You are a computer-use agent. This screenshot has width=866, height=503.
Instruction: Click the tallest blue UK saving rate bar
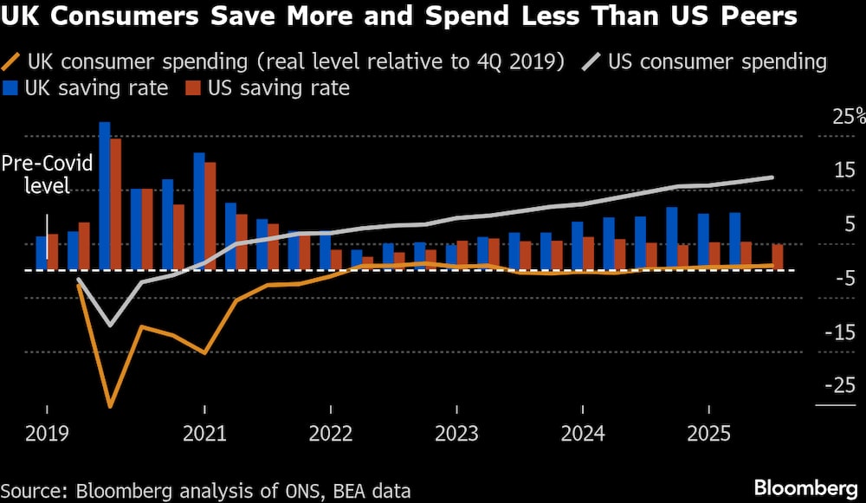pyautogui.click(x=105, y=196)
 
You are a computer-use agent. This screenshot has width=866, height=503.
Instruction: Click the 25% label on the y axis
pyautogui.click(x=839, y=117)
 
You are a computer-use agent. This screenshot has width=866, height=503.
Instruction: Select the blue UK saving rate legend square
pyautogui.click(x=12, y=88)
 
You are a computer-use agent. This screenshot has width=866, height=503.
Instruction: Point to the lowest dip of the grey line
pyautogui.click(x=110, y=326)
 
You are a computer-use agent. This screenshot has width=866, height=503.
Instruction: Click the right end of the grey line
pyautogui.click(x=772, y=177)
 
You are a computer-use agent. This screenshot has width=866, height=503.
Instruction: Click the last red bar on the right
pyautogui.click(x=777, y=257)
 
